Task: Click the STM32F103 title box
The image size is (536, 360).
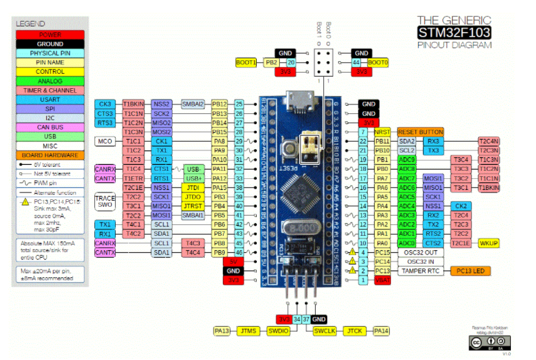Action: tap(455, 32)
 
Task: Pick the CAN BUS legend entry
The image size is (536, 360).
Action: tap(50, 126)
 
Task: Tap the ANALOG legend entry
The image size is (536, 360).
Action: tap(50, 81)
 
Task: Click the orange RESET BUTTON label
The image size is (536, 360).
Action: tap(420, 132)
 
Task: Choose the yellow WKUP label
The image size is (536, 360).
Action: tap(489, 243)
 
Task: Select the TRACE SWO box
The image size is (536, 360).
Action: tap(105, 201)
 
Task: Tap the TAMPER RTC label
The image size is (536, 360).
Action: tap(420, 271)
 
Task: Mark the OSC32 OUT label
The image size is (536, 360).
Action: tap(420, 252)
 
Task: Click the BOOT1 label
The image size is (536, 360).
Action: tap(246, 62)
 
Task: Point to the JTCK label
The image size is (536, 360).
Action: tap(354, 331)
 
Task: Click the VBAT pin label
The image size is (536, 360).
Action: tap(383, 280)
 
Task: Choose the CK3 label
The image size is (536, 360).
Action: tap(105, 104)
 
